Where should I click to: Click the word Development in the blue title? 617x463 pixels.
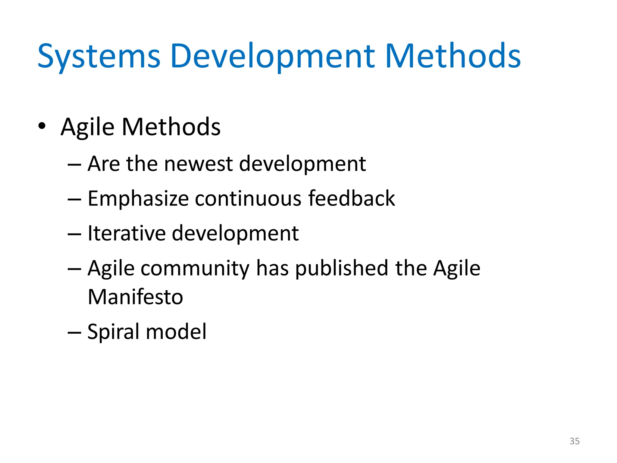click(x=272, y=57)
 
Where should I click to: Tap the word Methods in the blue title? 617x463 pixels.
click(x=453, y=57)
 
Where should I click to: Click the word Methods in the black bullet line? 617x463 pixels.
click(x=171, y=127)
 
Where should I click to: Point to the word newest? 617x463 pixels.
click(x=199, y=164)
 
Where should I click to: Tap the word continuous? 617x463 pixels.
click(x=248, y=199)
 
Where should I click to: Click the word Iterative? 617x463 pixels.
click(x=126, y=233)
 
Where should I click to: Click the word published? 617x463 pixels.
click(x=341, y=268)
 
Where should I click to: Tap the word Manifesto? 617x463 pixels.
click(x=135, y=297)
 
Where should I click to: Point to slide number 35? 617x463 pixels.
click(x=574, y=441)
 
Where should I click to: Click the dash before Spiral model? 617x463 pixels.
click(x=74, y=332)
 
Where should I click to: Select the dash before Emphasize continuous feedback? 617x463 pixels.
click(x=74, y=200)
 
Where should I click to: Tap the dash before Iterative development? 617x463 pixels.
click(x=74, y=234)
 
